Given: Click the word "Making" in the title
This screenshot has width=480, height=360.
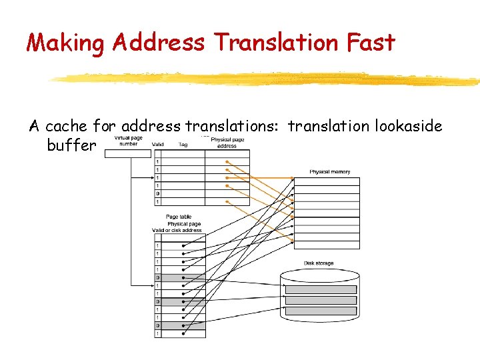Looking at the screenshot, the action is point(65,43).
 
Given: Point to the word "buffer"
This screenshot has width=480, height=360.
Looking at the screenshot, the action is point(71,145).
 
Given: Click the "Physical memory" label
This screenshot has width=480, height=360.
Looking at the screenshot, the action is point(329,172).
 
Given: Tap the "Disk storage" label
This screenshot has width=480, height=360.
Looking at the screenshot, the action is point(319,263).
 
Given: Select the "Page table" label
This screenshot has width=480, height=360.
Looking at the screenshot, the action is point(179,217).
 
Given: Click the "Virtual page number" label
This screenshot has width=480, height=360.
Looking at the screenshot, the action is point(128,141).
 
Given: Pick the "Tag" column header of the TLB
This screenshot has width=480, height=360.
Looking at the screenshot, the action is point(183,144).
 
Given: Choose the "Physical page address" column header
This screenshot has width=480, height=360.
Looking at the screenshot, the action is point(227,142).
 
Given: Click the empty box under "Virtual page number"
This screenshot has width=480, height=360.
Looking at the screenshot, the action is point(128,153).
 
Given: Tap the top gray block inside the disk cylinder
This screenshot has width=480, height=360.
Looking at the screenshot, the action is point(321,289).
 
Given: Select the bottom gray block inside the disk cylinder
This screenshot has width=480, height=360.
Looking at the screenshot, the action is point(321,311).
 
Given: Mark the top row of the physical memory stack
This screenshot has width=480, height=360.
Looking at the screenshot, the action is point(327,181).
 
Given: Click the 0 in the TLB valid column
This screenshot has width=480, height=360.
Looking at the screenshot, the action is point(157,194).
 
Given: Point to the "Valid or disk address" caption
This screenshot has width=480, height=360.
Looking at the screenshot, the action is point(177,231).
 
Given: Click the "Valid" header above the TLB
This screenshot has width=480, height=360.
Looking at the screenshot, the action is point(158,144).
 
